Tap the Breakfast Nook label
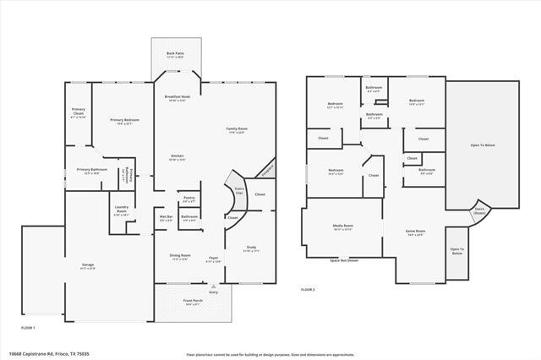tap(177, 98)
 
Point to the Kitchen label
tap(178, 157)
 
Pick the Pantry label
tap(189, 199)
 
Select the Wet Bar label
tap(167, 217)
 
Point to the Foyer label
tap(213, 259)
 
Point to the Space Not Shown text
tap(345, 260)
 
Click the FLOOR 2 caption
tap(308, 290)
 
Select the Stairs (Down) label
tap(479, 210)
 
